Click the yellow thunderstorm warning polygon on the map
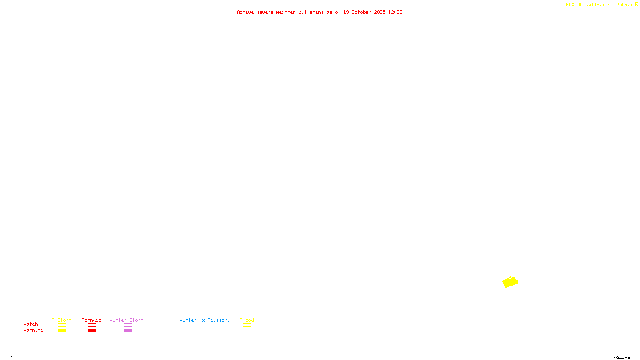pyautogui.click(x=510, y=282)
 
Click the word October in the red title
pyautogui.click(x=361, y=12)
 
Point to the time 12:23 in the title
pyautogui.click(x=395, y=12)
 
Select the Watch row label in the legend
pyautogui.click(x=31, y=324)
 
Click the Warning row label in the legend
pyautogui.click(x=34, y=330)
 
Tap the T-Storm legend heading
pyautogui.click(x=62, y=320)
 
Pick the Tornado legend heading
pyautogui.click(x=92, y=320)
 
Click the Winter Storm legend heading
pyautogui.click(x=126, y=320)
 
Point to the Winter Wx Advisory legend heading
pyautogui.click(x=205, y=320)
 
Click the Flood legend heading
pyautogui.click(x=247, y=320)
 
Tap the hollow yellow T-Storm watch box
pyautogui.click(x=62, y=325)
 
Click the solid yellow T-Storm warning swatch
pyautogui.click(x=62, y=331)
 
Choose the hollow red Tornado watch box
pyautogui.click(x=92, y=325)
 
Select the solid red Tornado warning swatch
pyautogui.click(x=92, y=331)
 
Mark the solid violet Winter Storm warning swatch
pyautogui.click(x=128, y=331)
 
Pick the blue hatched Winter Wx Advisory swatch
pyautogui.click(x=204, y=331)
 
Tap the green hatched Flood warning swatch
pyautogui.click(x=247, y=331)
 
